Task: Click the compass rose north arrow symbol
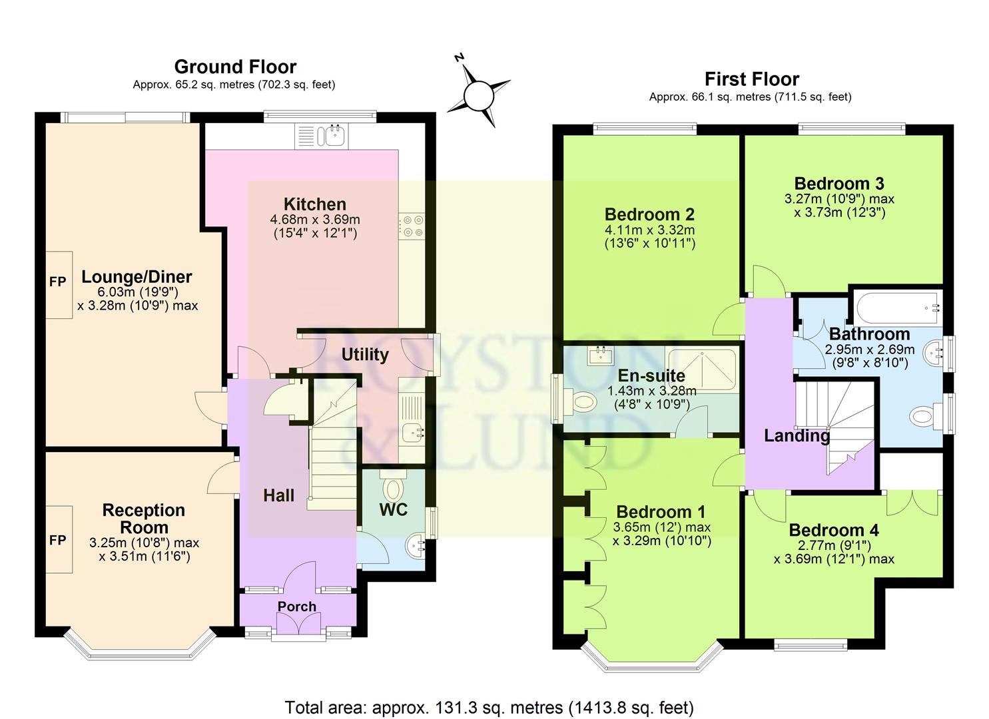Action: click(x=477, y=93)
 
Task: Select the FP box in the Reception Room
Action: click(x=59, y=539)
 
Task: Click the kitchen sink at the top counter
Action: click(x=332, y=135)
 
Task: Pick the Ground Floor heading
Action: click(x=235, y=67)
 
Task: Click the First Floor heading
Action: click(x=751, y=79)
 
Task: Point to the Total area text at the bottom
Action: click(x=489, y=706)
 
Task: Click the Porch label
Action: click(x=297, y=606)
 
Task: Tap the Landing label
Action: click(x=797, y=436)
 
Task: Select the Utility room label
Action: click(x=365, y=354)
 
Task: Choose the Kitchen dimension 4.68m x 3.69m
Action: click(x=314, y=220)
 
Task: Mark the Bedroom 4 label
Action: click(x=834, y=530)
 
